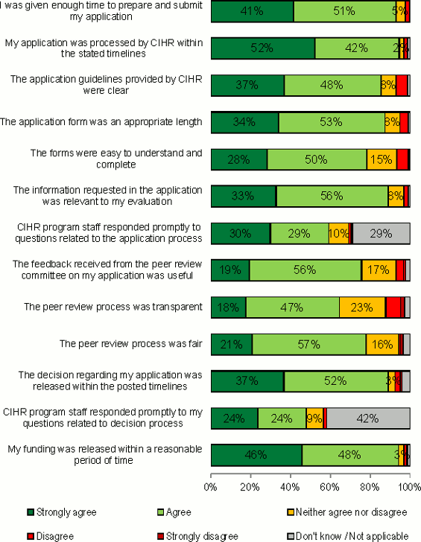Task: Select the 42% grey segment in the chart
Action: tap(367, 418)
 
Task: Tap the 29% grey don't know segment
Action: tap(380, 233)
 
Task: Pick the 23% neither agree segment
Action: tap(362, 307)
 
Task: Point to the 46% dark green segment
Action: tap(256, 455)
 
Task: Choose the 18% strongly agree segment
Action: tap(228, 307)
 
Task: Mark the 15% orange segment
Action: tap(381, 159)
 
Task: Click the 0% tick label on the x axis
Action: tap(210, 487)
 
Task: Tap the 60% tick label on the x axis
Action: tap(329, 487)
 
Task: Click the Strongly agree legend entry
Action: tap(62, 512)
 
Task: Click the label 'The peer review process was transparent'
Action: tap(113, 307)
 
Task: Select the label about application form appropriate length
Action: tap(101, 122)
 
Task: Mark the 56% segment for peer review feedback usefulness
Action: tap(305, 270)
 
